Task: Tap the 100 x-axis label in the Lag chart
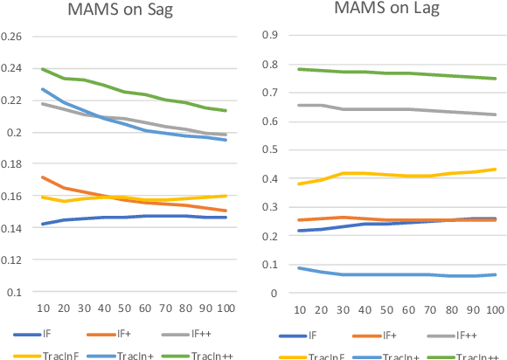(494, 308)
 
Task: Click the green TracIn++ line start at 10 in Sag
(42, 69)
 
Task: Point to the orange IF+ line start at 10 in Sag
(42, 177)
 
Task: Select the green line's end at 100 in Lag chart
(494, 79)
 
